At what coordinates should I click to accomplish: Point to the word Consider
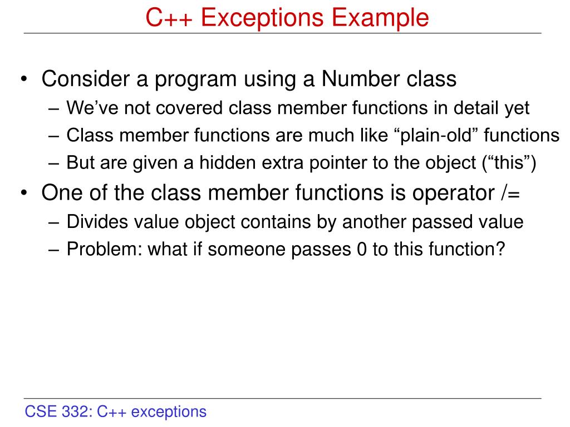(84, 79)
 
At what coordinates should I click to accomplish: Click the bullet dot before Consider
(26, 80)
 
